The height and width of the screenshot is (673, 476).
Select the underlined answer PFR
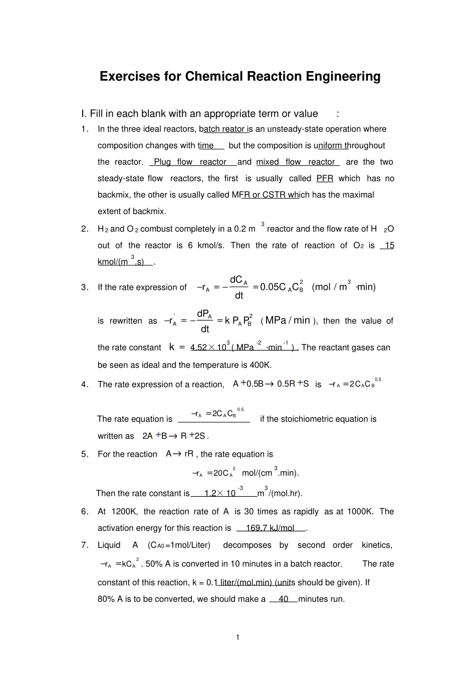[x=325, y=178]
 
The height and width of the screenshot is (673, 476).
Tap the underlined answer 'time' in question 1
[x=206, y=145]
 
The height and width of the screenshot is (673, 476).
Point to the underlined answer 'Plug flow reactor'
[x=190, y=162]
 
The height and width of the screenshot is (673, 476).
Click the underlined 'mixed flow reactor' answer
[x=296, y=162]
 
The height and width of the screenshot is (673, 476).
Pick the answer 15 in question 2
[x=389, y=245]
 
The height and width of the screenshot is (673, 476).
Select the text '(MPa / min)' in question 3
[x=289, y=320]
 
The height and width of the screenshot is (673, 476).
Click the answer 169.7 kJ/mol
[x=270, y=528]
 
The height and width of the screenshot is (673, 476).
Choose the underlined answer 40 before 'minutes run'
[x=284, y=599]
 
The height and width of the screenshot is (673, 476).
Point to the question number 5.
[x=85, y=454]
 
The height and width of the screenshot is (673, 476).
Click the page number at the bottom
[x=237, y=637]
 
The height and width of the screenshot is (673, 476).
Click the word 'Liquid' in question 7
[x=109, y=545]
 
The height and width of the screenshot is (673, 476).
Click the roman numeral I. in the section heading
[x=84, y=114]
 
